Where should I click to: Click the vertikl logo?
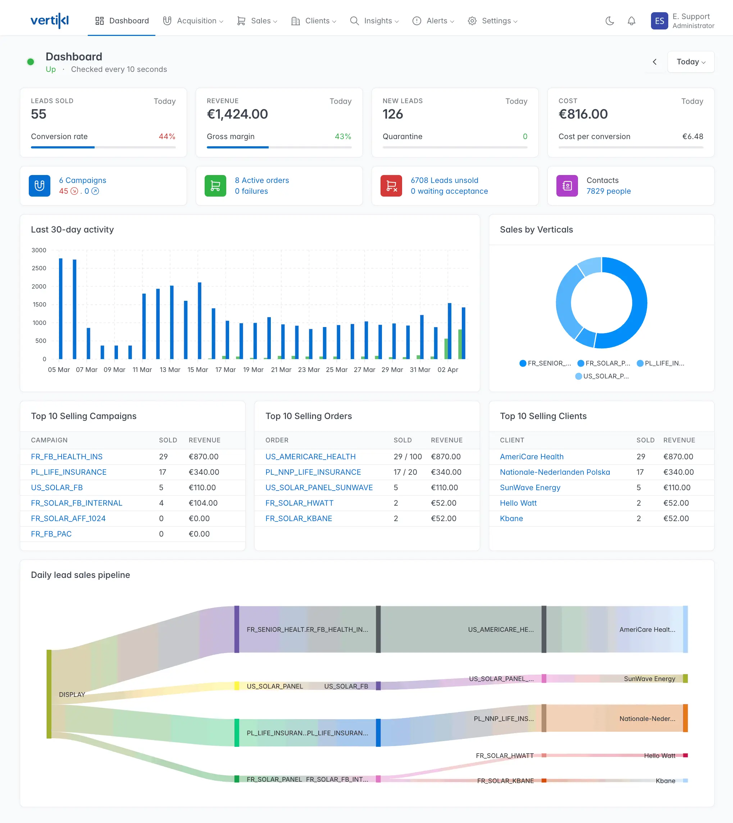pos(50,20)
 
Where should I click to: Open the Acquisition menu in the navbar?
pos(193,21)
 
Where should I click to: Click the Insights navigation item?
pos(374,21)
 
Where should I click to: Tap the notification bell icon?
pos(631,21)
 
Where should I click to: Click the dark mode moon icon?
pos(609,21)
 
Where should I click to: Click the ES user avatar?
pos(659,21)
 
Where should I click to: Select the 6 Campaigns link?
pos(83,180)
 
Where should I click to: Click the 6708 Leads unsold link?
pos(444,180)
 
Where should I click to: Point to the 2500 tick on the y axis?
pos(39,268)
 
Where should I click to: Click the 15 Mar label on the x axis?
pos(197,369)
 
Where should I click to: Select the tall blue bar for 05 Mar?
pos(61,308)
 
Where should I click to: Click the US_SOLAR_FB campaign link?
pos(57,488)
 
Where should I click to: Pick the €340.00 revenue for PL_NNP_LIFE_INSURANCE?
pos(446,472)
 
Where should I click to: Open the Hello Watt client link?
pos(518,503)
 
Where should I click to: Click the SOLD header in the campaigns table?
pos(168,440)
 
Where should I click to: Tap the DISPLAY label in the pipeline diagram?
pos(72,695)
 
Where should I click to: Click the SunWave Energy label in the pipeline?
pos(649,679)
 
